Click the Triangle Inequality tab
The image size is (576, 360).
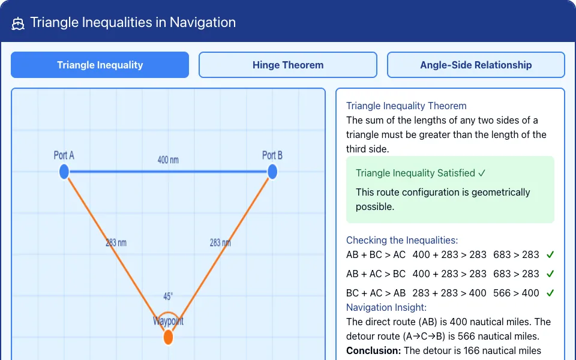100,65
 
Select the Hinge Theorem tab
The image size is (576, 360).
288,65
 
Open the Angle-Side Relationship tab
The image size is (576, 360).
476,65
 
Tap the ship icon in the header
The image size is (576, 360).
17,23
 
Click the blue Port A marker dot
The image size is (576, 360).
64,172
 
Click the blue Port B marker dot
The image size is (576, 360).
272,172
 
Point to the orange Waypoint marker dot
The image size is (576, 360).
168,337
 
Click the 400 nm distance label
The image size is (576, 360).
168,160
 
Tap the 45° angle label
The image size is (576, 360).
168,296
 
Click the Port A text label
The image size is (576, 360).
64,155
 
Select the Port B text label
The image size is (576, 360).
272,155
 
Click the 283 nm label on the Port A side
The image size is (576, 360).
116,243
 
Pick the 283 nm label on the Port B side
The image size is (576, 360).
220,243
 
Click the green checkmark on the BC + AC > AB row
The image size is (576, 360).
550,293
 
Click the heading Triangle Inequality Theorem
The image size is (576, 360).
406,106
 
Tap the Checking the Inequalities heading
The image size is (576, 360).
402,240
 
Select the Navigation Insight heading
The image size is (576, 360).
386,307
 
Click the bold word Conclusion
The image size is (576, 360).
373,351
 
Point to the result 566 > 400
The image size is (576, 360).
516,293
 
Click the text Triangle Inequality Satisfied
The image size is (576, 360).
415,173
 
